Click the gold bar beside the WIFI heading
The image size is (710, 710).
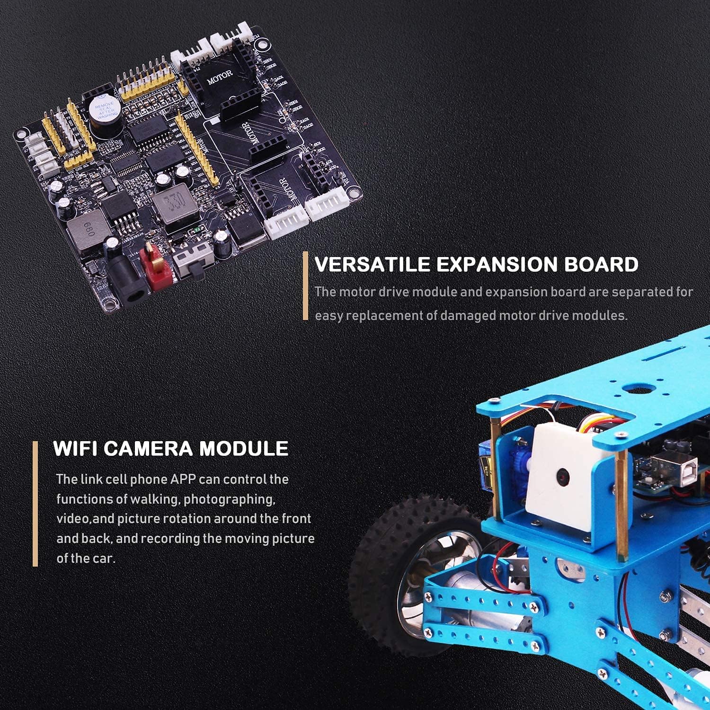(35, 504)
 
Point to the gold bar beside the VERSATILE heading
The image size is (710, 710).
(305, 286)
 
